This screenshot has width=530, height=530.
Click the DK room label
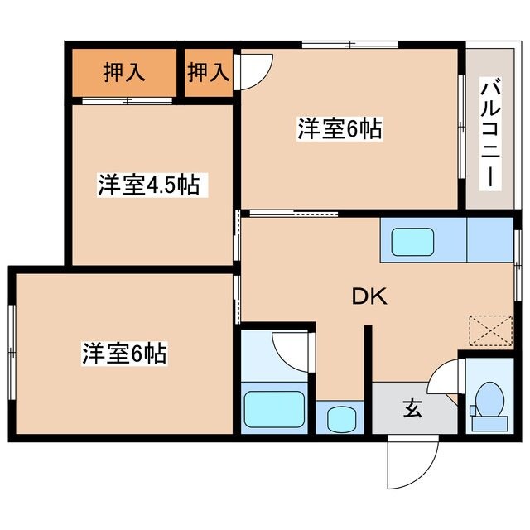pyautogui.click(x=367, y=296)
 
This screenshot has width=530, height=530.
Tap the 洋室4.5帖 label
pyautogui.click(x=149, y=184)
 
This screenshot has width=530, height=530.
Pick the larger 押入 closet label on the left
pyautogui.click(x=124, y=72)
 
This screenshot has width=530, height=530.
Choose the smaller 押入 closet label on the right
pyautogui.click(x=207, y=72)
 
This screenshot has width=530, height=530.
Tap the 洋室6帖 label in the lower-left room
pyautogui.click(x=124, y=354)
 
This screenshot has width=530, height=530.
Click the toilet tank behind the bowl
pyautogui.click(x=488, y=424)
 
